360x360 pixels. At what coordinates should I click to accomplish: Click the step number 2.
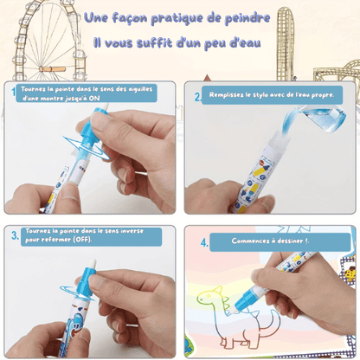197,97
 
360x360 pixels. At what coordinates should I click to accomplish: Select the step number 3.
15,235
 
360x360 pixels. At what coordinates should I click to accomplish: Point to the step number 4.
204,242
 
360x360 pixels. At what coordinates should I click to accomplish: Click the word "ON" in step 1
94,98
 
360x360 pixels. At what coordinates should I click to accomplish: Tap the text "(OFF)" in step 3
82,240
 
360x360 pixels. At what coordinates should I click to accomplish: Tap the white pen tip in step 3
91,264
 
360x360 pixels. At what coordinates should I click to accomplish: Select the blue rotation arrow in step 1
86,148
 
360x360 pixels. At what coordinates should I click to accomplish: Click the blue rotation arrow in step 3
77,292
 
